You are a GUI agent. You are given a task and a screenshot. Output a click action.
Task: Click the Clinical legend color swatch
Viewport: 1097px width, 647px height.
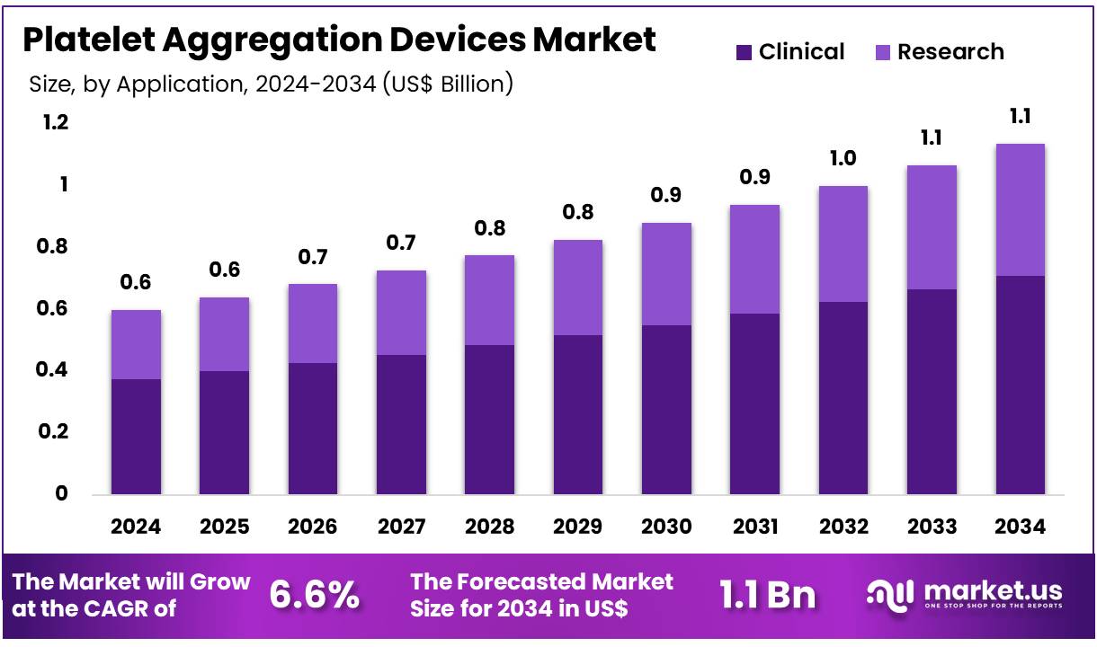click(x=743, y=52)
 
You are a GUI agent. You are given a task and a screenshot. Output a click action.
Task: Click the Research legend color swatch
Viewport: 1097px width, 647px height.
click(x=882, y=52)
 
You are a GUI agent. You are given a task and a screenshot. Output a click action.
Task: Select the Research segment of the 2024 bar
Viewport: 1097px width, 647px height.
click(x=136, y=344)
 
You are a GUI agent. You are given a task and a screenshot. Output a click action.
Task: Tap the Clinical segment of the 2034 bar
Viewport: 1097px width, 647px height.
click(x=1020, y=385)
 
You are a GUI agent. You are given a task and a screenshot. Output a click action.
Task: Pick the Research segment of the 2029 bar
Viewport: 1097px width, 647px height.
click(x=578, y=288)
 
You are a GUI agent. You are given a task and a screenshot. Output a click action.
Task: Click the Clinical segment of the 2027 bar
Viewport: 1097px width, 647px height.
click(x=401, y=424)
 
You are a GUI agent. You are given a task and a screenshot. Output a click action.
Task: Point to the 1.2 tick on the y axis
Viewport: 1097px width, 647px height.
click(x=56, y=123)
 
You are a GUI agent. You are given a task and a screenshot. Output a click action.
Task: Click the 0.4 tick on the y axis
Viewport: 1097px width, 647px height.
click(x=56, y=370)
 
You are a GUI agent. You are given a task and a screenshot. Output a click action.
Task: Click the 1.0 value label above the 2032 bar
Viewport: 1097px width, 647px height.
click(x=843, y=159)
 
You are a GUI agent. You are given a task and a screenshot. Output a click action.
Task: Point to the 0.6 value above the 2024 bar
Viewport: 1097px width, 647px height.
click(x=136, y=283)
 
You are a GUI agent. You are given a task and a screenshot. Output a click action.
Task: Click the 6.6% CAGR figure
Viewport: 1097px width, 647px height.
click(x=315, y=595)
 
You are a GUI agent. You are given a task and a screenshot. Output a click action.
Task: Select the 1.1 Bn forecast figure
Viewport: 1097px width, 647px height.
click(x=767, y=595)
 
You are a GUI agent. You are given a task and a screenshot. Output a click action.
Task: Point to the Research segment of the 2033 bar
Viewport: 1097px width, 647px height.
click(x=932, y=227)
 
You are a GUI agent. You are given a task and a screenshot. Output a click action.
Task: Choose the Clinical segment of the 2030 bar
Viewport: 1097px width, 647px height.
click(x=666, y=410)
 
